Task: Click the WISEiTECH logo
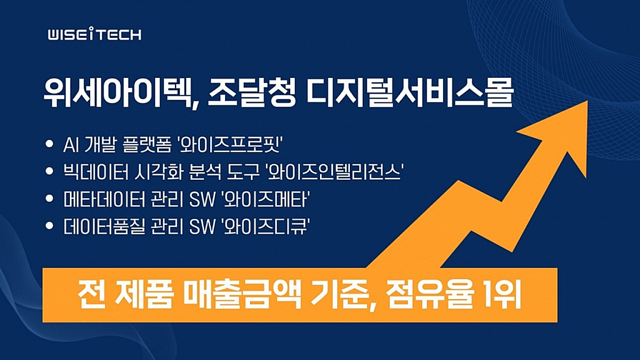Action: point(94,35)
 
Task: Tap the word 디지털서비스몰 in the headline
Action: point(404,95)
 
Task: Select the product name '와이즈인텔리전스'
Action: point(334,172)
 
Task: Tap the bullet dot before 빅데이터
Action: point(50,172)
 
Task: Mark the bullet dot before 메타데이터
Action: point(50,199)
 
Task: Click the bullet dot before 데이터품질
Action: point(50,227)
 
